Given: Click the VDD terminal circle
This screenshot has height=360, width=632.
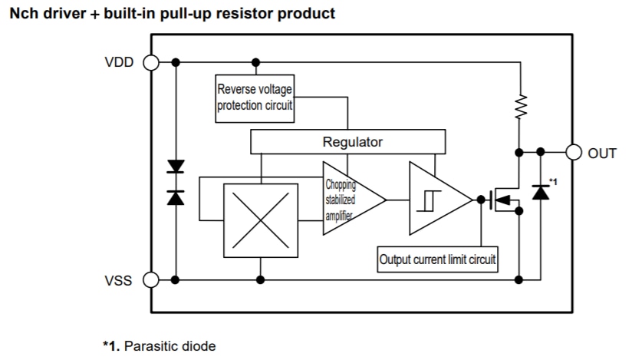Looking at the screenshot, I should coord(150,62).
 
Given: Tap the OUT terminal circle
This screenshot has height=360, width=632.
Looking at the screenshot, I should coord(574,152).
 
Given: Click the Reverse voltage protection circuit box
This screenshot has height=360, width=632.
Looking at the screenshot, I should coord(255,98).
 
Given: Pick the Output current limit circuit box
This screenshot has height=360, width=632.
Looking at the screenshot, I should coord(438,259).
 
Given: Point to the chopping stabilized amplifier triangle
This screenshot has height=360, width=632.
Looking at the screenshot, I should coord(349,200).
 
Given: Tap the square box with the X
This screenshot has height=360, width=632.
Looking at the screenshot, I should coord(261,220).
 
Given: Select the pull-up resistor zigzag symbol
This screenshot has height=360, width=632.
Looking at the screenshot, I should coord(521,107).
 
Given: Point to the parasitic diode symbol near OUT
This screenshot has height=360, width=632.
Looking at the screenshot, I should coord(541,189).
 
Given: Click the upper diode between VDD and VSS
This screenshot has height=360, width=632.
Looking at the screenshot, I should coord(176,167).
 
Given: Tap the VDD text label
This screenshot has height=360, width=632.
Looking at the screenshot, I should coord(118,63).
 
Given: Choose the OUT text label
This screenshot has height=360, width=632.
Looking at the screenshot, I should coord(602,153).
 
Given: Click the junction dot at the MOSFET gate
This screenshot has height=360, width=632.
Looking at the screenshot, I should coord(481,200).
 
